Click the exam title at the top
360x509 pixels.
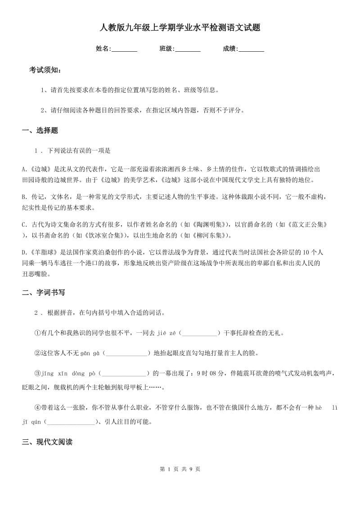[180, 28]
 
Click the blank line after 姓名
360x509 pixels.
[124, 49]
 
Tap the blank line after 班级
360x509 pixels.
[188, 49]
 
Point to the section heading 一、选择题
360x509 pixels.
[40, 130]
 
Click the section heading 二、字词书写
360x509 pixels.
[44, 292]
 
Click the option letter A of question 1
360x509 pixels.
[24, 170]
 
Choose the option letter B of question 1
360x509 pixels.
[24, 197]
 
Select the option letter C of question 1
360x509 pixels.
[24, 224]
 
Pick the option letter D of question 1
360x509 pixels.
[24, 252]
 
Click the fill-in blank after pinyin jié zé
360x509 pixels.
[199, 333]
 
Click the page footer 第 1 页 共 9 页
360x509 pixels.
[180, 469]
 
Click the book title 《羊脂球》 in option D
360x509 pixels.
[43, 252]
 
